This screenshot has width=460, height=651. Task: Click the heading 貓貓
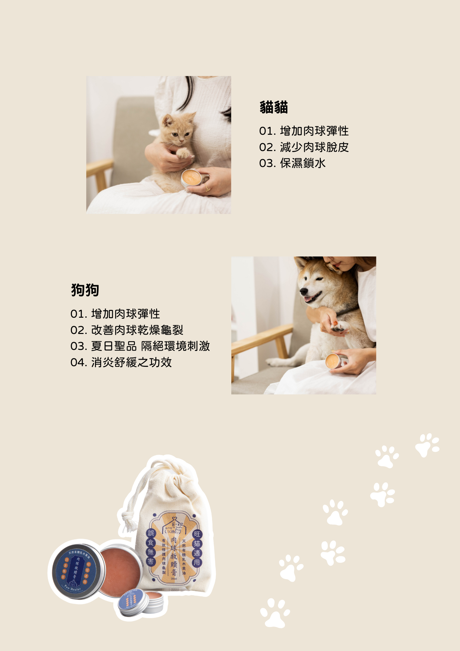[x=274, y=107]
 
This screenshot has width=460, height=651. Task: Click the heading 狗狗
[x=85, y=290]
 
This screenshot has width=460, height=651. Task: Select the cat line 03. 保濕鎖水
[x=292, y=163]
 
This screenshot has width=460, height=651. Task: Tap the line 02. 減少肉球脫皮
[x=304, y=147]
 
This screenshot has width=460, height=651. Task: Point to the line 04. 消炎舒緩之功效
[x=121, y=362]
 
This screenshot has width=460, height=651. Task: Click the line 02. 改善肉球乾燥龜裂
[x=127, y=330]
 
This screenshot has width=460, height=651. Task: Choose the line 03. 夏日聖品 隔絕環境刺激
[x=140, y=346]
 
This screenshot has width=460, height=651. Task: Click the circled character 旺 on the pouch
[x=197, y=534]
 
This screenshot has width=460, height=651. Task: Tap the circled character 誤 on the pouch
[x=151, y=533]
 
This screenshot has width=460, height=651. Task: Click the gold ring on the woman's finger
[x=206, y=188]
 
